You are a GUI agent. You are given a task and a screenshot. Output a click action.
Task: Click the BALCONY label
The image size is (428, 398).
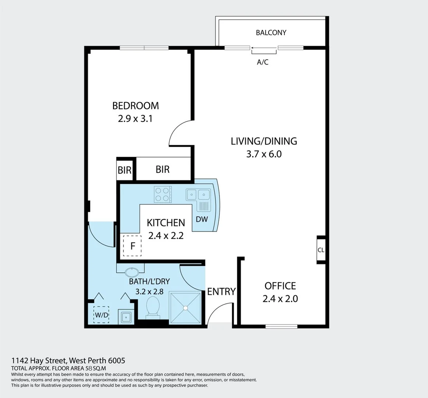click(271, 32)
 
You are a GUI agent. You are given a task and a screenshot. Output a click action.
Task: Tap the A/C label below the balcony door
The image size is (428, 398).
click(263, 62)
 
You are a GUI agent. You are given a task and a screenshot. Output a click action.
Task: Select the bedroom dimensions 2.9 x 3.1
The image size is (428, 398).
click(135, 119)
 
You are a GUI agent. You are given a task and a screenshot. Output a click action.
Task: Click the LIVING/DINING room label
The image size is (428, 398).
click(264, 141)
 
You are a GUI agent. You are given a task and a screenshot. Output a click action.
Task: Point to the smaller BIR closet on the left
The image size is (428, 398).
click(124, 170)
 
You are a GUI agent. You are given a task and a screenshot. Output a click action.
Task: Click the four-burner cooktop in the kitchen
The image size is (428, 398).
click(163, 195)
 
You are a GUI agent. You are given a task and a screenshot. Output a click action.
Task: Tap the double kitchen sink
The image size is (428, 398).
click(198, 194)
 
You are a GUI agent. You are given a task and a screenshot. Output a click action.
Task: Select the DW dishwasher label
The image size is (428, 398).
click(202, 219)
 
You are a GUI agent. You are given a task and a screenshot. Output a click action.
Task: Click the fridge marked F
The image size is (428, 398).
click(132, 246)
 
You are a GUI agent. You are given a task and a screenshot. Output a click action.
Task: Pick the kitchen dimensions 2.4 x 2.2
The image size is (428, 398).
click(166, 235)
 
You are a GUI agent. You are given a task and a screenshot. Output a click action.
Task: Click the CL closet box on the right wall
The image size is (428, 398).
click(321, 250)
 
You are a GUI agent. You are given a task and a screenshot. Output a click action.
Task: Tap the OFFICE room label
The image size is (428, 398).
click(280, 286)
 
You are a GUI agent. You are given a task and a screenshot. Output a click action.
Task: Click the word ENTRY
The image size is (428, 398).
click(221, 291)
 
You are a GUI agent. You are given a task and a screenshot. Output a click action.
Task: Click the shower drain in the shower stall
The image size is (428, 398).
click(185, 308)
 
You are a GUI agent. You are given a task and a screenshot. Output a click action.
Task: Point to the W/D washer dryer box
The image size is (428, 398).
click(101, 315)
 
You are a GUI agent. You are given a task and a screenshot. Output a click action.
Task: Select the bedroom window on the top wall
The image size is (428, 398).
click(144, 48)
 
